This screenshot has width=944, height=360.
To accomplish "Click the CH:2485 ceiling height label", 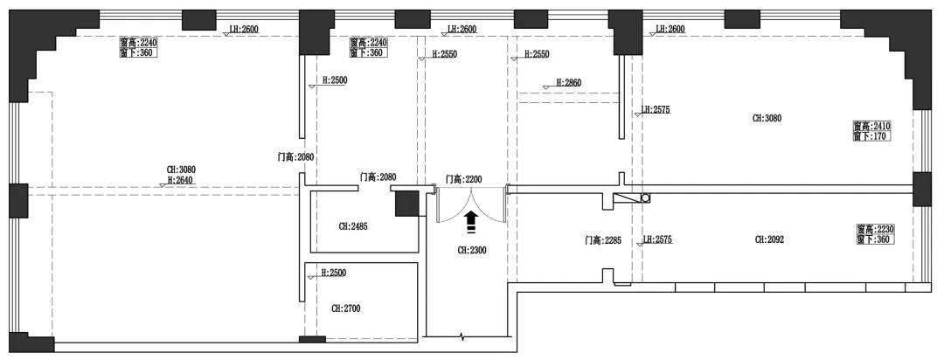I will coord(353,226).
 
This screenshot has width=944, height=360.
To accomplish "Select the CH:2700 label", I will coord(346,308).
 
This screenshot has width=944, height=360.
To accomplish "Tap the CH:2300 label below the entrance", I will coord(472,250).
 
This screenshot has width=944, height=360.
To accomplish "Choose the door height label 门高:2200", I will coord(463,179).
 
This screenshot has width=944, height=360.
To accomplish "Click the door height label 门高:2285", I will coord(603,240).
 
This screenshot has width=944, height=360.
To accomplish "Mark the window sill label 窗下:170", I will coord(871,136).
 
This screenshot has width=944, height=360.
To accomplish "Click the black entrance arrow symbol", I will coord(471,221).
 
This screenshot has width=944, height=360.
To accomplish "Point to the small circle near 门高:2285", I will coord(646,198).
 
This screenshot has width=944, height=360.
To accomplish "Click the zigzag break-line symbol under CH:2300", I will coord(463,336).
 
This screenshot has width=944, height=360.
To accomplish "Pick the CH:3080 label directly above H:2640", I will coord(181,170).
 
